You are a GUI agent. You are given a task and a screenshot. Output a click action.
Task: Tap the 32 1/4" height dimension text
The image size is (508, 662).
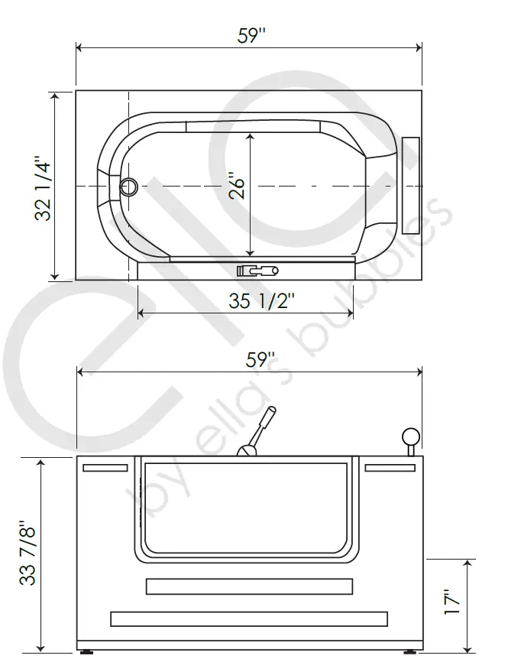(x=44, y=188)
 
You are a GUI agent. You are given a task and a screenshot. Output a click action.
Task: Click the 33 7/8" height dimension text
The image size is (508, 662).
(x=28, y=553)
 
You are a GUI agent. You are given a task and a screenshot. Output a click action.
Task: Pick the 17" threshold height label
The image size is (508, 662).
(x=454, y=602)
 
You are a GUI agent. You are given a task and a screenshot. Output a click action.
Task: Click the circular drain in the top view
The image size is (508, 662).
(x=129, y=186)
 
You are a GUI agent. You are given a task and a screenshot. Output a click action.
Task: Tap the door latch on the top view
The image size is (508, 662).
(x=257, y=271)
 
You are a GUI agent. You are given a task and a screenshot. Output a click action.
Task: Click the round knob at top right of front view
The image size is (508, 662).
(x=411, y=437)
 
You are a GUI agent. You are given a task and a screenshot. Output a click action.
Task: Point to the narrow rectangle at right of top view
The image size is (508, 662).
(x=411, y=186)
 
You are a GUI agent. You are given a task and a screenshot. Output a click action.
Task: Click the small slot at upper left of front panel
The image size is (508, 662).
(x=105, y=468)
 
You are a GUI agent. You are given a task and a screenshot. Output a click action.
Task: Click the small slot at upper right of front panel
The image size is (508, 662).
(x=390, y=468)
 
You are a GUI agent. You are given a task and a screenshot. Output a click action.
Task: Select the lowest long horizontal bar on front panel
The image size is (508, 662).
(x=249, y=618)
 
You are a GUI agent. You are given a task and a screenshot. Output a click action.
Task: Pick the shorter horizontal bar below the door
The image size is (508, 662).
(x=249, y=586)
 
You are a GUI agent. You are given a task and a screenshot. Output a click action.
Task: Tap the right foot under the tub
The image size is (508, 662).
(x=409, y=653)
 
